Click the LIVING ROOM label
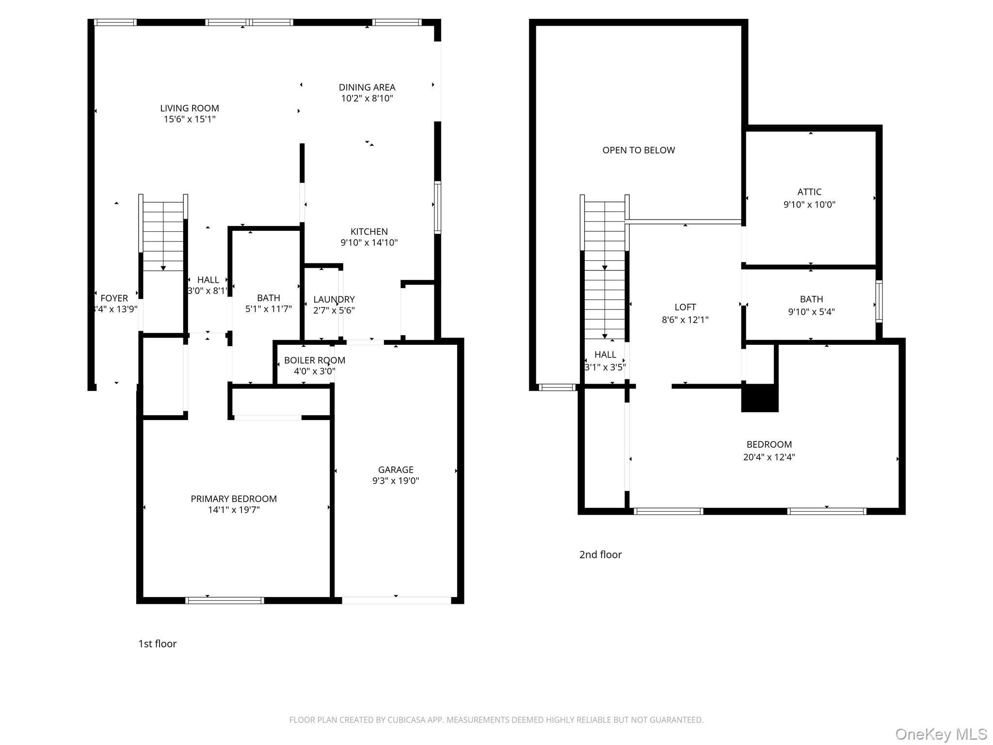(190, 108)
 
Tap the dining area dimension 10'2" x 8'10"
(367, 98)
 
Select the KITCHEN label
(369, 232)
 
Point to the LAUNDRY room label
(334, 299)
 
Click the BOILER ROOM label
(314, 360)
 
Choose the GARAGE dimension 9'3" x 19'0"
(396, 481)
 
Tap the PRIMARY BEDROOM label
(234, 499)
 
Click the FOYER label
(114, 298)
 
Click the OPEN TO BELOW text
(639, 150)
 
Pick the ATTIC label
(809, 192)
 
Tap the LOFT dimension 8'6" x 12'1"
(685, 320)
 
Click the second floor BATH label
(811, 299)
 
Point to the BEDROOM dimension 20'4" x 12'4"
(769, 457)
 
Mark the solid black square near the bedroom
(759, 398)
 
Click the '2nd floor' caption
(600, 554)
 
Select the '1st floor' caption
(157, 644)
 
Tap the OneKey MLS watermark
(941, 734)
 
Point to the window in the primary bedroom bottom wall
(224, 600)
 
